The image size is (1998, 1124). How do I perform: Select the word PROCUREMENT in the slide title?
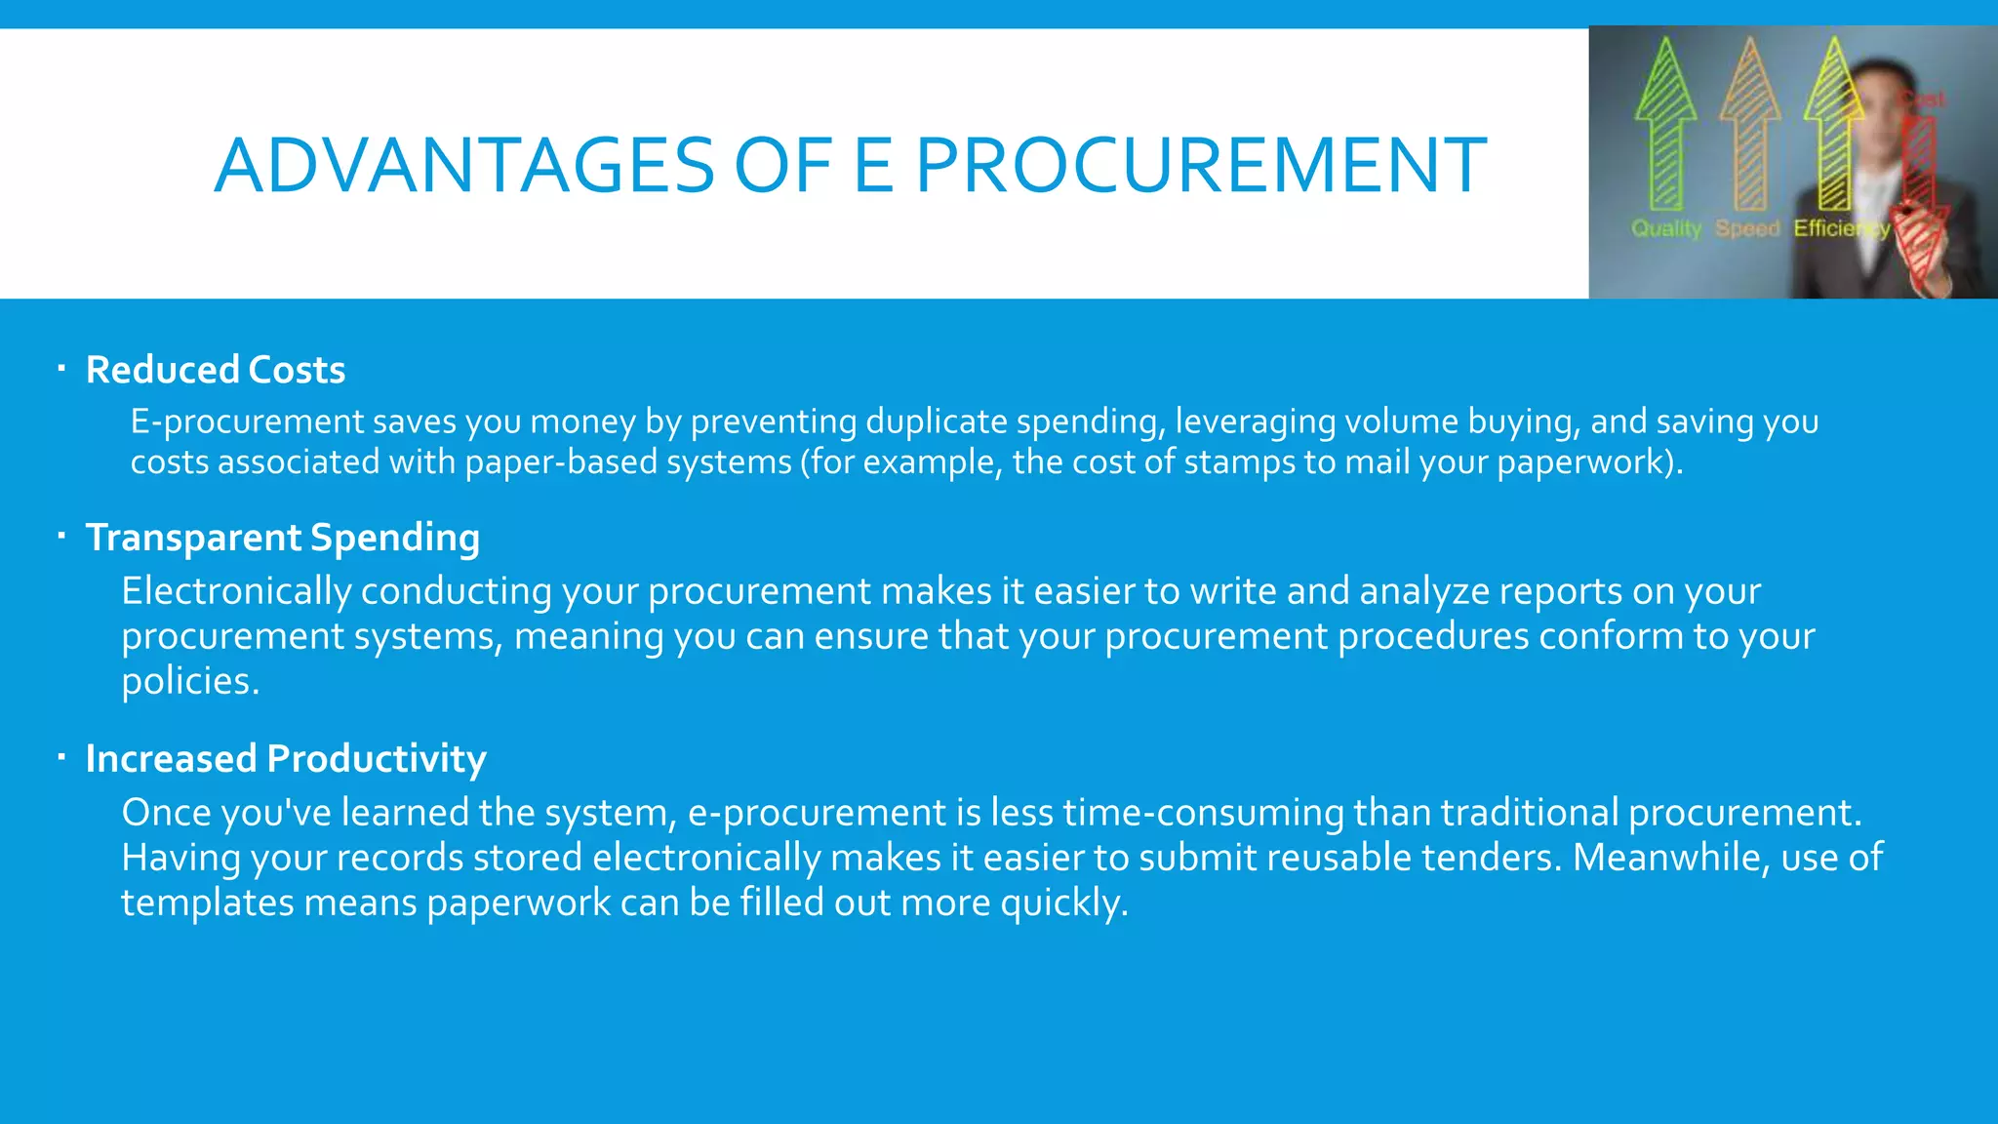coord(1201,165)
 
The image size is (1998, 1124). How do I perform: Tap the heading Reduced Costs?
coord(216,370)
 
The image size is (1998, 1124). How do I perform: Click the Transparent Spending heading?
coord(283,538)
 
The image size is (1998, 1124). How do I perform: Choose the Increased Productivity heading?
coord(286,759)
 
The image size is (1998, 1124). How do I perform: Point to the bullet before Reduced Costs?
coord(60,369)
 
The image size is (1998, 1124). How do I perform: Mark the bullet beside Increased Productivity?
coord(60,757)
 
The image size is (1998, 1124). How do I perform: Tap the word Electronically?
coord(236,591)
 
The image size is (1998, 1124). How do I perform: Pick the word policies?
coord(190,681)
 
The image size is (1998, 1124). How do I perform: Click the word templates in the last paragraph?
coord(207,903)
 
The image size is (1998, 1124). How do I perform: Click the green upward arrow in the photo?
coord(1665,127)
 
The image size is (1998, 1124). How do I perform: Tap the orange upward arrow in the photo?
coord(1750,127)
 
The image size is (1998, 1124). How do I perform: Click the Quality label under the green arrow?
coord(1666,228)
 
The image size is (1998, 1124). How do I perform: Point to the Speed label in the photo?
coord(1747,228)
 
